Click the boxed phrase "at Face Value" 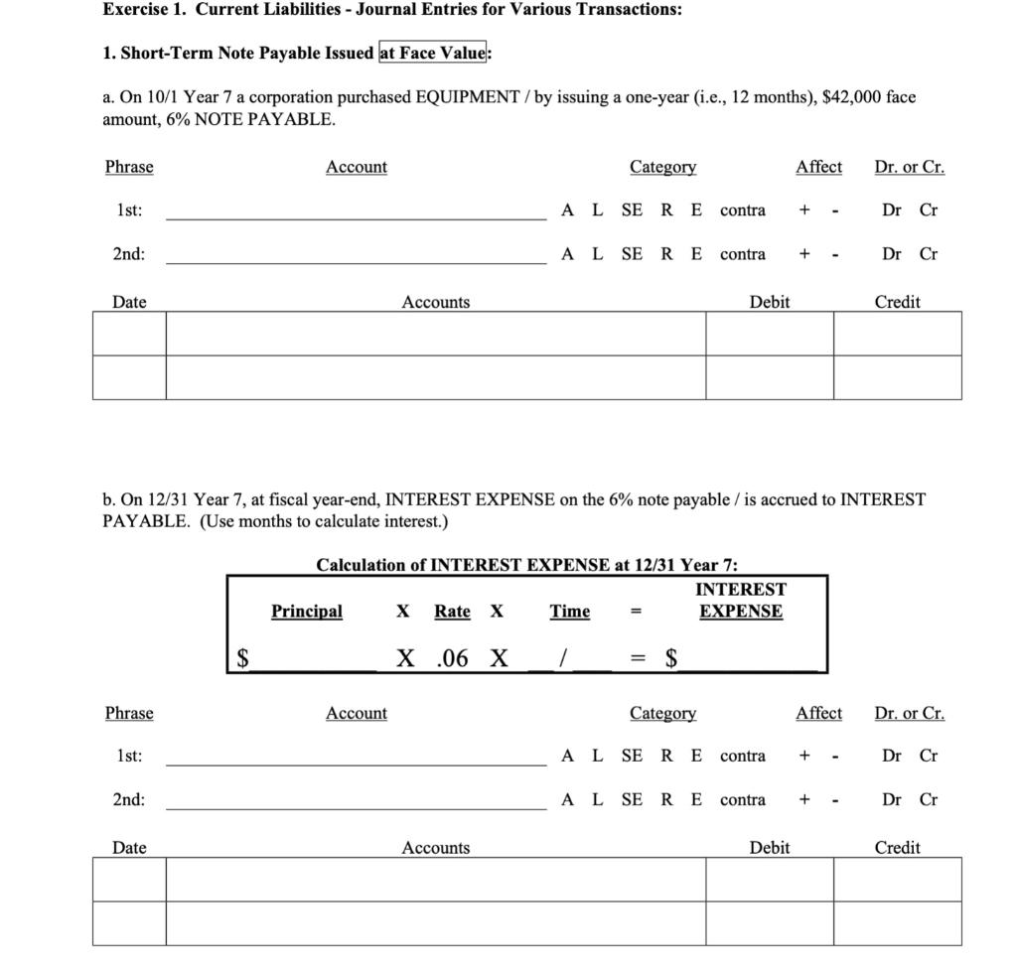tap(433, 53)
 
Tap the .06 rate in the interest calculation tap(452, 657)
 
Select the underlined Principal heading tap(307, 612)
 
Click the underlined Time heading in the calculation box tap(570, 612)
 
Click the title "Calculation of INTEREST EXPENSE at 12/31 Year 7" tap(526, 565)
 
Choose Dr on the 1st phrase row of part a tap(892, 209)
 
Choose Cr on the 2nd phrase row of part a tap(928, 253)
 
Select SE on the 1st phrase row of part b tap(632, 756)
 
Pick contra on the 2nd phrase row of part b tap(743, 799)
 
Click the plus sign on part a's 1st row tap(803, 209)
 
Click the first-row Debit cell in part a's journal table tap(770, 334)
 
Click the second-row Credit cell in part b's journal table tap(897, 922)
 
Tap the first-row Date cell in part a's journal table tap(129, 334)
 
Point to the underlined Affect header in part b tap(818, 713)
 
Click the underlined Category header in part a tap(662, 167)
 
